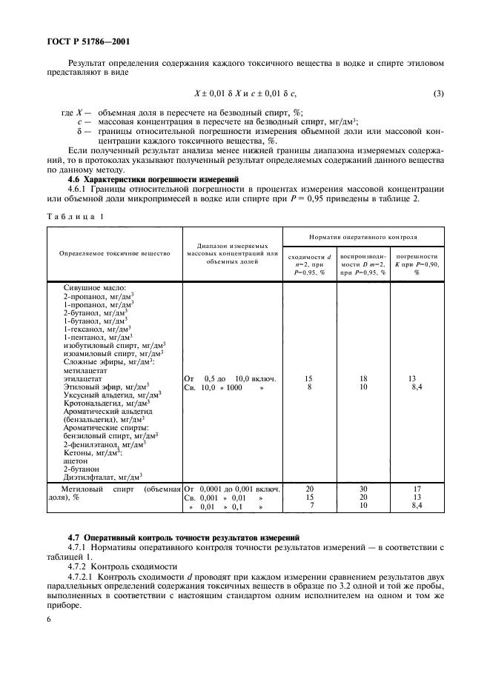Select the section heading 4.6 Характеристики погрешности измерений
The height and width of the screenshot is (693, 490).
click(x=153, y=179)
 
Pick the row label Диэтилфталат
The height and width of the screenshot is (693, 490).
click(x=102, y=477)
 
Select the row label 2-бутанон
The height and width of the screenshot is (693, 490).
click(x=81, y=469)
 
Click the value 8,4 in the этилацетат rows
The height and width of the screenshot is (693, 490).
click(x=417, y=386)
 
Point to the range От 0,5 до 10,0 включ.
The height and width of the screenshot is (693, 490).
click(x=230, y=378)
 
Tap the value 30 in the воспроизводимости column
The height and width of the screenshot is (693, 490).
click(x=363, y=489)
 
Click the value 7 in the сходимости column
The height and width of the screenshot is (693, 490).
click(x=309, y=506)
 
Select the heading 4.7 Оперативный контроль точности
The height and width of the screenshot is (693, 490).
click(x=183, y=535)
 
